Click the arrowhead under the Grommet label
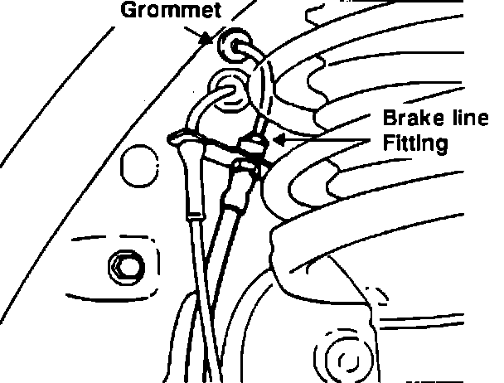click(x=213, y=41)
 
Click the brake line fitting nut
click(x=253, y=148)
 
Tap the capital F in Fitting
click(x=387, y=143)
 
